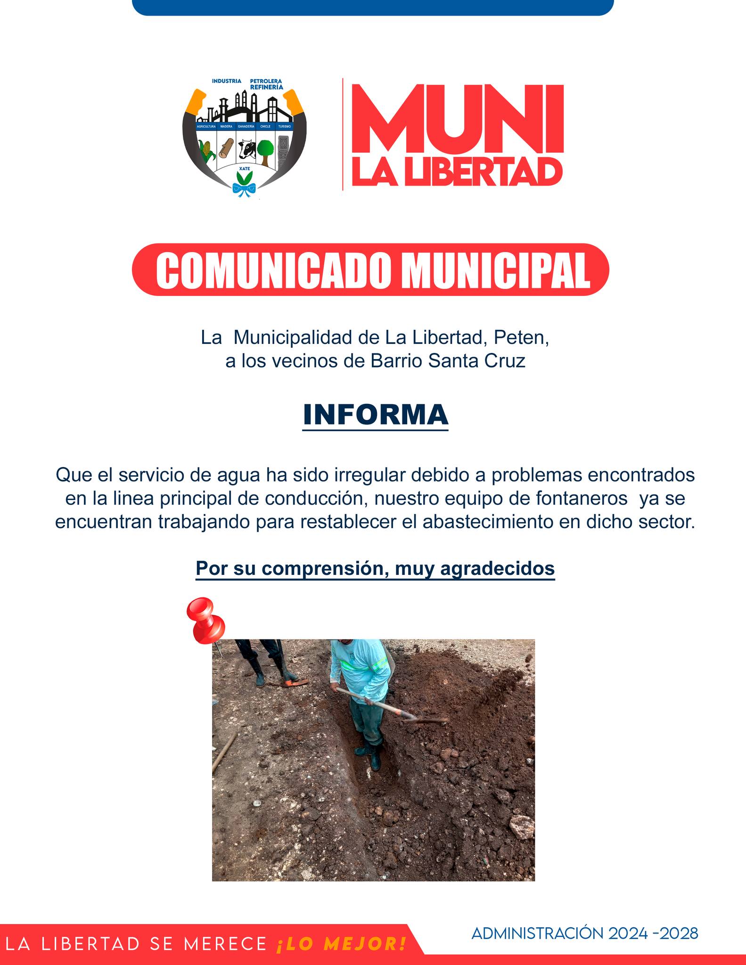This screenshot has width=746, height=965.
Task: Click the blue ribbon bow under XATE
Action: (x=244, y=190)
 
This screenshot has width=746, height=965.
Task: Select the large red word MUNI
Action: (x=458, y=120)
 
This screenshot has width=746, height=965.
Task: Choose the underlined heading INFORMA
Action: (x=375, y=414)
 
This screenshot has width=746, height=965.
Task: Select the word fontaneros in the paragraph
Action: (x=582, y=498)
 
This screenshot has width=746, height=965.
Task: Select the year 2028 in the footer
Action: (x=679, y=933)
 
